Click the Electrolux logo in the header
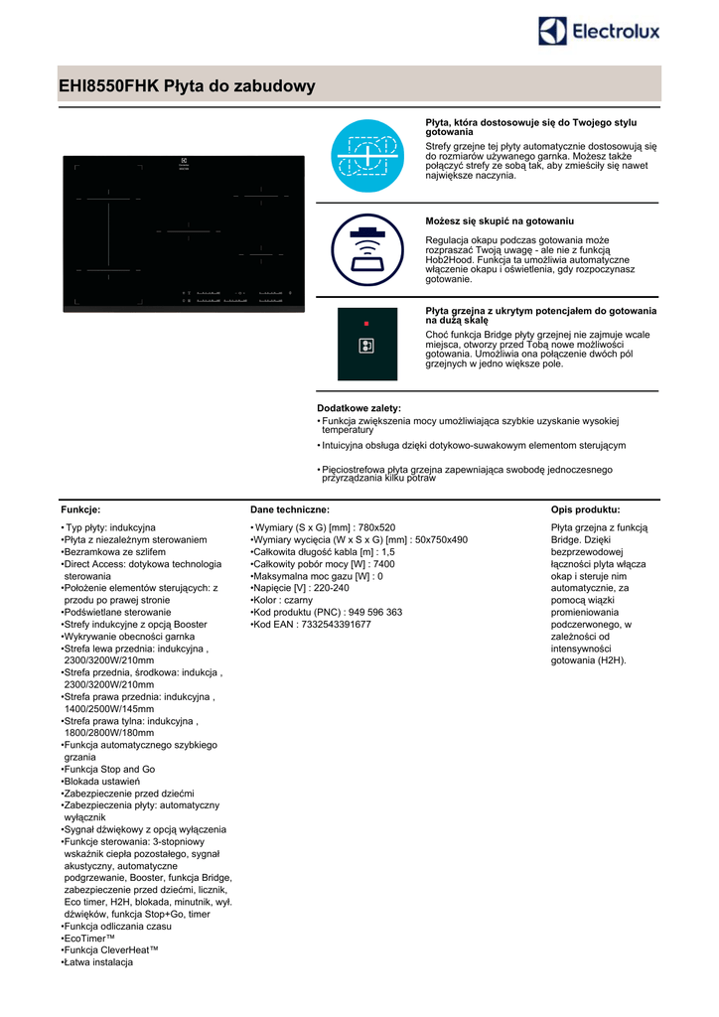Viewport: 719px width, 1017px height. (599, 32)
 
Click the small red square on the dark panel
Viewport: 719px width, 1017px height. (365, 324)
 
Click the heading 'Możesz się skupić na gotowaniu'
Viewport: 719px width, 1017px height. (499, 220)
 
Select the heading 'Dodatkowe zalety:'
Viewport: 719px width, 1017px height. (359, 408)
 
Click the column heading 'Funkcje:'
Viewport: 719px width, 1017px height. (80, 508)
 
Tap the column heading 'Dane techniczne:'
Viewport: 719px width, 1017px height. (289, 508)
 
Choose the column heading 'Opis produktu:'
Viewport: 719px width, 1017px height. (585, 508)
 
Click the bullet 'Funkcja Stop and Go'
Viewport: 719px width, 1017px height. (110, 769)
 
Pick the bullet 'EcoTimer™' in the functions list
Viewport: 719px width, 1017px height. (90, 938)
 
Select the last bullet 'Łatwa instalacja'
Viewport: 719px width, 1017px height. (99, 962)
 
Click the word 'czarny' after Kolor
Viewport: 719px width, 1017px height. (299, 600)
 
